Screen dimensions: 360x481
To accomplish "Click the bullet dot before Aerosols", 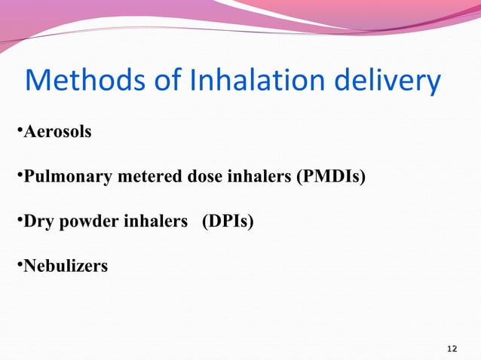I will (19, 133).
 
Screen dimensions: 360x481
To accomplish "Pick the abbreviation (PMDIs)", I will (331, 178).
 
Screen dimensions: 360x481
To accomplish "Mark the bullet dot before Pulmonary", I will (19, 178).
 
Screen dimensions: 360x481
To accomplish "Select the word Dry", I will (38, 222).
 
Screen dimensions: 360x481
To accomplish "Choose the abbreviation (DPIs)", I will (227, 222).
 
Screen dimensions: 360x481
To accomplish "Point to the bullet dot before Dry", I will (19, 223).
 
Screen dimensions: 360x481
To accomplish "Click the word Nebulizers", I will (66, 266).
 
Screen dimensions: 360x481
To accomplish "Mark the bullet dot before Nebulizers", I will (19, 267).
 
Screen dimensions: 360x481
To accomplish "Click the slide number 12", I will (452, 349).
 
